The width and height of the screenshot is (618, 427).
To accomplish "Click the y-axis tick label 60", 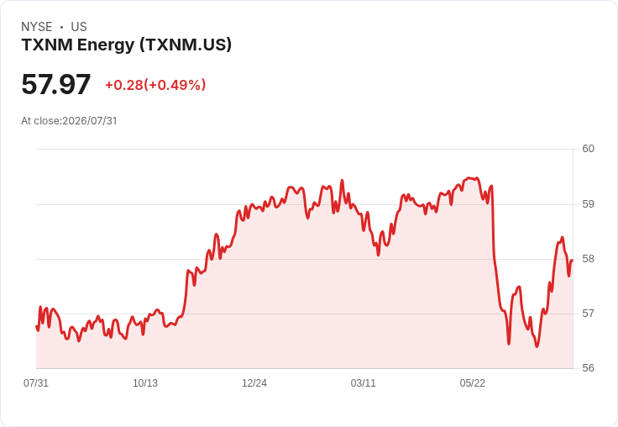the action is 588,149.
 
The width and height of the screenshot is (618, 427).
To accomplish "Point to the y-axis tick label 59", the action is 588,204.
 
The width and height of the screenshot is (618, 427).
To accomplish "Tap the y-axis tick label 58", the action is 588,259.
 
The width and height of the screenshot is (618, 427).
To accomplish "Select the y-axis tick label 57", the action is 588,314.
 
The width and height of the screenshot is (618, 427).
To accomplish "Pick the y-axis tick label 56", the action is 588,368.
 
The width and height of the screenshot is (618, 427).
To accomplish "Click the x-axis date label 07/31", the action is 36,383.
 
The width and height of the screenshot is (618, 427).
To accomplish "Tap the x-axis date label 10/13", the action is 145,383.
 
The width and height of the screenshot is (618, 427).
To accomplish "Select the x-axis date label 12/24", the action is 254,383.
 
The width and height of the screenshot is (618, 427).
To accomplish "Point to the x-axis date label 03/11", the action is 363,383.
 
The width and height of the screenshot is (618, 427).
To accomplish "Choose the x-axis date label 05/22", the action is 472,383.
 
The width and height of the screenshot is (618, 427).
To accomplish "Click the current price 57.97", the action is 56,84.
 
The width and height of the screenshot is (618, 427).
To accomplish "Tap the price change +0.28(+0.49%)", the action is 155,85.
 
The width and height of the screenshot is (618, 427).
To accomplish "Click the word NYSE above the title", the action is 37,27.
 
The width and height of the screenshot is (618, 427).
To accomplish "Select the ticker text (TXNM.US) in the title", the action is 186,45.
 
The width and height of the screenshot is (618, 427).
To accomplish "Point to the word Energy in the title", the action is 106,45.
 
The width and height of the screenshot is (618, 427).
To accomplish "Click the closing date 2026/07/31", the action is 90,121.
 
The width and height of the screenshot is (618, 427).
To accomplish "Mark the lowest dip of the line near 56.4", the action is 537,346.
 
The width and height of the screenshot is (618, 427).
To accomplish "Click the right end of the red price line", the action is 572,261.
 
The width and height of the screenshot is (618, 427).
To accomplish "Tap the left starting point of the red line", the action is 37,326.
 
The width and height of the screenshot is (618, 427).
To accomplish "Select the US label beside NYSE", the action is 79,27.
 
